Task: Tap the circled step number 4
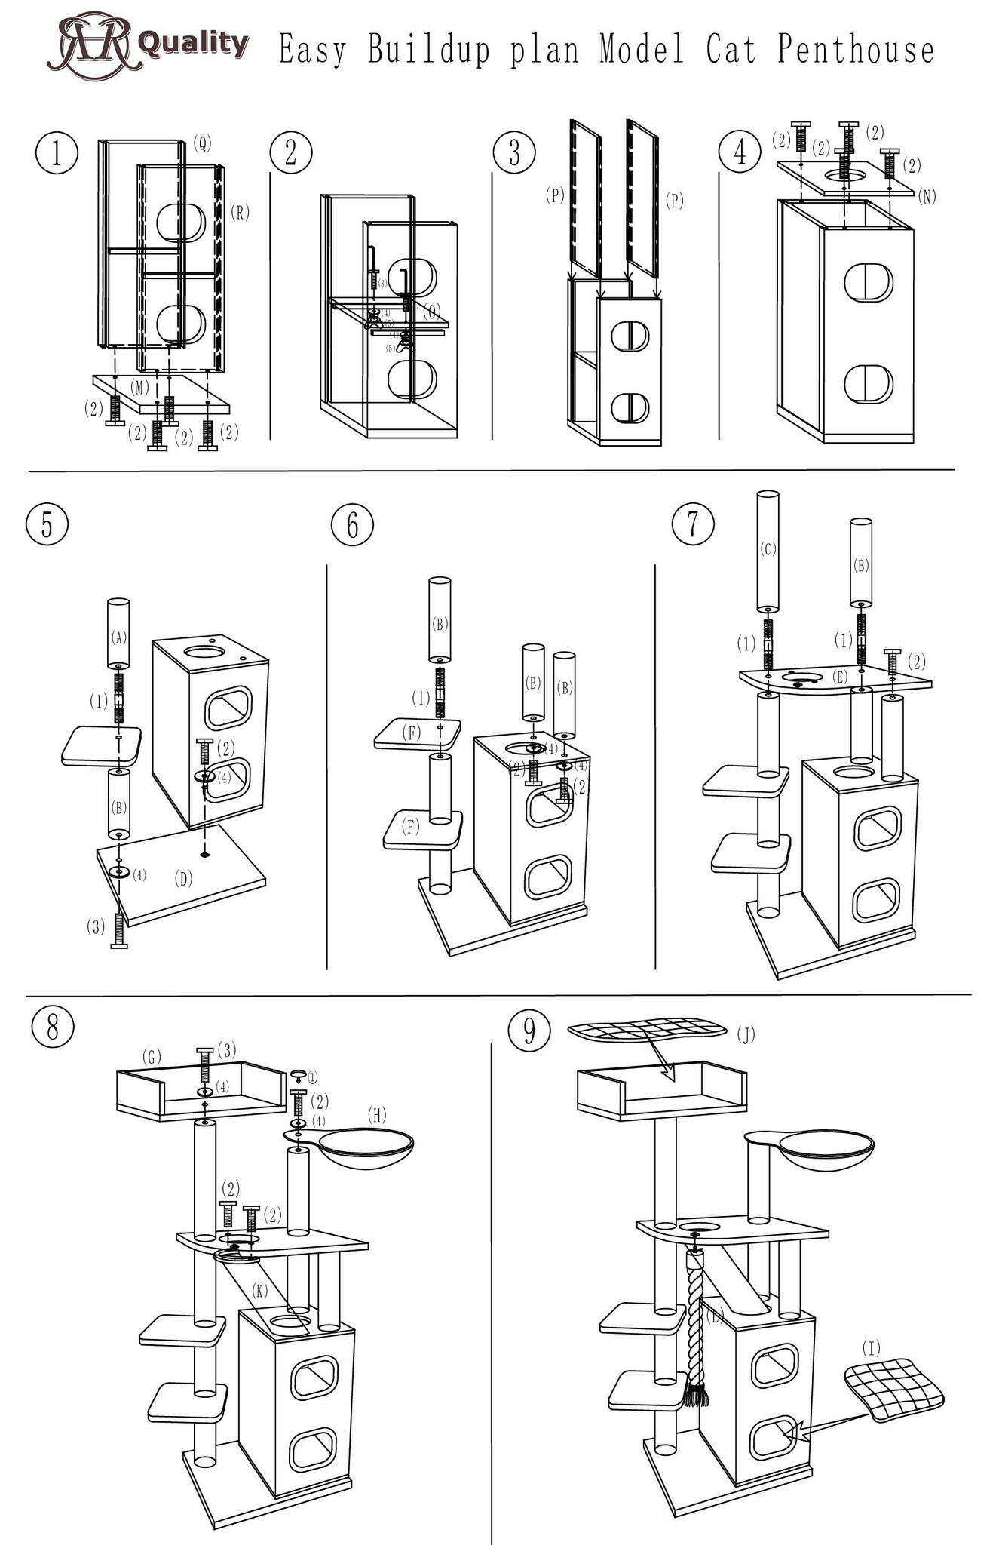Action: [x=740, y=152]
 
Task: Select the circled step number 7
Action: [x=692, y=524]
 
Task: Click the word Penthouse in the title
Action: [x=856, y=50]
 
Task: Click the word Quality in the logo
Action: [x=194, y=43]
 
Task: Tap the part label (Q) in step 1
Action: [x=202, y=143]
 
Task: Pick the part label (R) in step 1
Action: [x=240, y=212]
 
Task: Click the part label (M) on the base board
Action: [x=139, y=388]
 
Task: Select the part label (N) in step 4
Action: [x=927, y=196]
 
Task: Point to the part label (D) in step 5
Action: [x=183, y=878]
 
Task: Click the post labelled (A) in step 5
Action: [x=118, y=634]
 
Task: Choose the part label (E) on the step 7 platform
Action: [x=840, y=677]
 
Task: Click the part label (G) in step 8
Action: [x=152, y=1057]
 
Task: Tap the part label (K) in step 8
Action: [x=259, y=1291]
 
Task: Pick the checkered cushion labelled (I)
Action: [x=893, y=1390]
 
